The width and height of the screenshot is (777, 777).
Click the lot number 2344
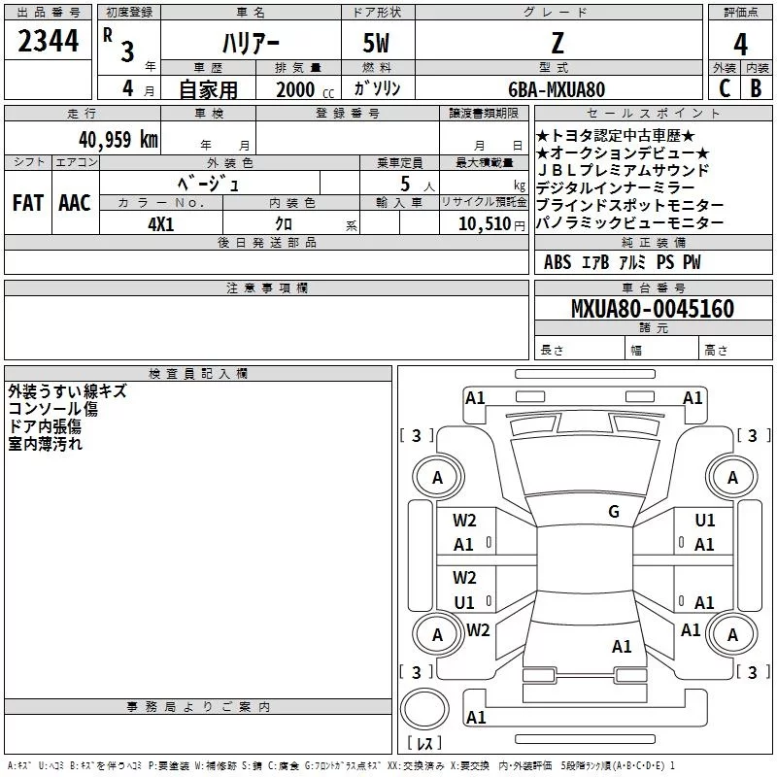pyautogui.click(x=48, y=41)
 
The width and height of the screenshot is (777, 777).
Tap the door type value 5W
pyautogui.click(x=377, y=44)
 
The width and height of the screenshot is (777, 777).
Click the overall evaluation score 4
pyautogui.click(x=740, y=44)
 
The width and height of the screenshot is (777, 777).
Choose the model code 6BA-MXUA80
pyautogui.click(x=557, y=89)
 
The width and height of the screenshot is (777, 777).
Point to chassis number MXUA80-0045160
pyautogui.click(x=652, y=309)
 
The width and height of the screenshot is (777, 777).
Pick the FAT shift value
pyautogui.click(x=27, y=203)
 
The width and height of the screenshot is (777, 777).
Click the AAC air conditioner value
pyautogui.click(x=75, y=203)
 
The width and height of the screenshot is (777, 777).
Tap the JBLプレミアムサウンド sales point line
pyautogui.click(x=623, y=170)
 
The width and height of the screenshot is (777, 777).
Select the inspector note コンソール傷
pyautogui.click(x=52, y=409)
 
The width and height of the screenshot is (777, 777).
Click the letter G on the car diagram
pyautogui.click(x=614, y=512)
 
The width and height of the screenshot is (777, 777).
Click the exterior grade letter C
pyautogui.click(x=724, y=88)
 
